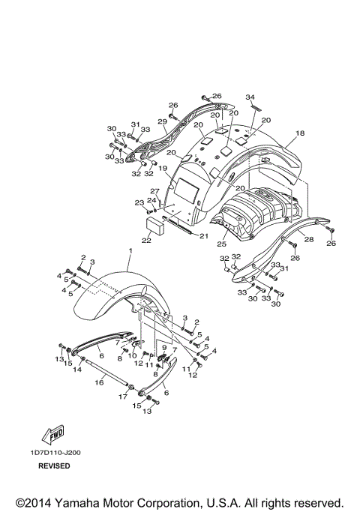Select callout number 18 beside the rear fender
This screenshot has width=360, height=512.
(x=300, y=133)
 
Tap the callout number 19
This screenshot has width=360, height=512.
(x=162, y=169)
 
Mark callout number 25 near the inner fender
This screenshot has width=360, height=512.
(x=222, y=244)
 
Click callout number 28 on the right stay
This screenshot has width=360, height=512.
(x=309, y=239)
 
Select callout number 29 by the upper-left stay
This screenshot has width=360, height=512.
(x=161, y=121)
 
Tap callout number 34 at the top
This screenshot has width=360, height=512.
(x=250, y=97)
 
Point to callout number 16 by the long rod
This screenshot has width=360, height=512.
(x=98, y=382)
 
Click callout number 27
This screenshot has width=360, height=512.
(x=154, y=192)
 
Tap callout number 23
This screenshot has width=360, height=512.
(x=139, y=202)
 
